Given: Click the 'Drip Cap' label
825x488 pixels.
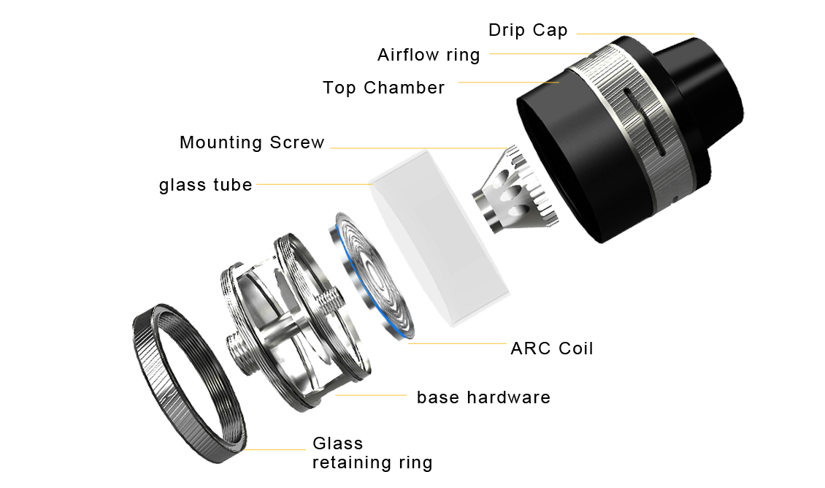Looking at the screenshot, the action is coord(528,30).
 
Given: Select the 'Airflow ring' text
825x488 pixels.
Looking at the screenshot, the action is coord(429,56).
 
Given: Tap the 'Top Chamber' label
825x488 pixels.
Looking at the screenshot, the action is coord(383,88).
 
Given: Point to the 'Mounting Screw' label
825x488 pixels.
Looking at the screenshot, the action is coord(252,142).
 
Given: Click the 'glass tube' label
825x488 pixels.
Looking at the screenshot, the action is coord(206,185).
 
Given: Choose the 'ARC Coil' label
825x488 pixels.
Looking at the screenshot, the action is coord(552,348).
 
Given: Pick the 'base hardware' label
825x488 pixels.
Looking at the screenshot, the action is coord(483,397).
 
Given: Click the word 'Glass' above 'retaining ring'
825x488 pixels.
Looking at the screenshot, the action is coord(338,443).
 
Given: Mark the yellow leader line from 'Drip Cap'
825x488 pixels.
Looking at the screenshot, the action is coord(636,34).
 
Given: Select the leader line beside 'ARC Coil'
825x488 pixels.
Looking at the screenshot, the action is coord(457,344).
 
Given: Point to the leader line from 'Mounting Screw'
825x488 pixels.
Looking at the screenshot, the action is coord(419,148).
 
